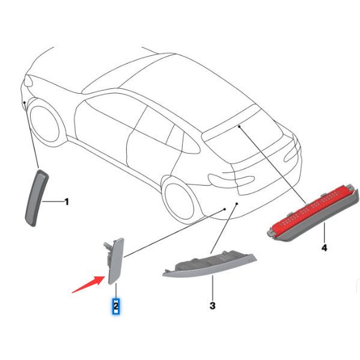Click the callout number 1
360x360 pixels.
67,202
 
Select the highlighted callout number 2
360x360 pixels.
115,307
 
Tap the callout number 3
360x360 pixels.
212,306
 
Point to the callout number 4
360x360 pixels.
324,247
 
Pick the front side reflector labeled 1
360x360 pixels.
34,198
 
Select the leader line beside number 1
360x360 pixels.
54,202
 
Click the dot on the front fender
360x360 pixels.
23,103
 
